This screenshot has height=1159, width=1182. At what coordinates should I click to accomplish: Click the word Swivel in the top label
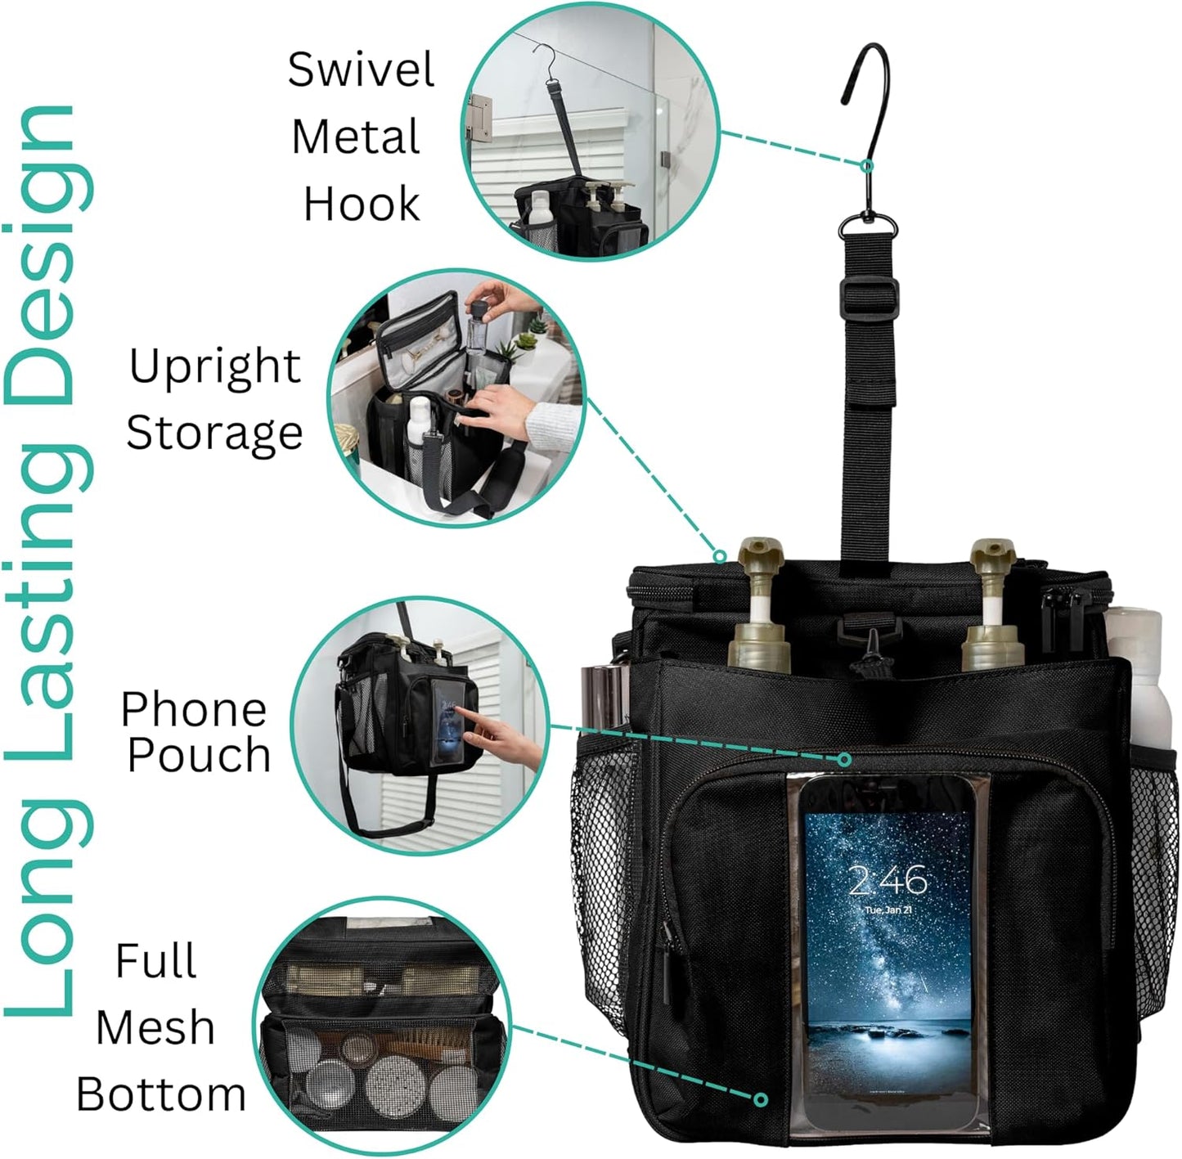361,70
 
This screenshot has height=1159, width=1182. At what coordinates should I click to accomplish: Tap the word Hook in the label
361,204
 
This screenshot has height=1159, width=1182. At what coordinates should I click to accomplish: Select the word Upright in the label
215,368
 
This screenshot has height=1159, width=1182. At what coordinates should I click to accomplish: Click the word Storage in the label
214,433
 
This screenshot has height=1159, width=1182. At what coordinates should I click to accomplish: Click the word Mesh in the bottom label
155,1027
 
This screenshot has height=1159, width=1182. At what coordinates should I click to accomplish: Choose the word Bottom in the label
161,1094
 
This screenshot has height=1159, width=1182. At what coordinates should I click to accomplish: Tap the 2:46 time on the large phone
888,880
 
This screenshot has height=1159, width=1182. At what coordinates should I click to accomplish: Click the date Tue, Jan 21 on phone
888,910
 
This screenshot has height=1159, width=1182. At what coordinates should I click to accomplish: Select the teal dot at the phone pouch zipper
844,759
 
